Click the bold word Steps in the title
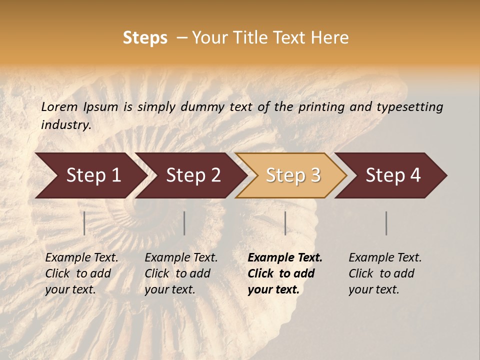145,38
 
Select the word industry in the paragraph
65,124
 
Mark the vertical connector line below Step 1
84,223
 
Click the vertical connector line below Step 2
184,223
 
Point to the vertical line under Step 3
285,223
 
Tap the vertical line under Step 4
386,223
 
